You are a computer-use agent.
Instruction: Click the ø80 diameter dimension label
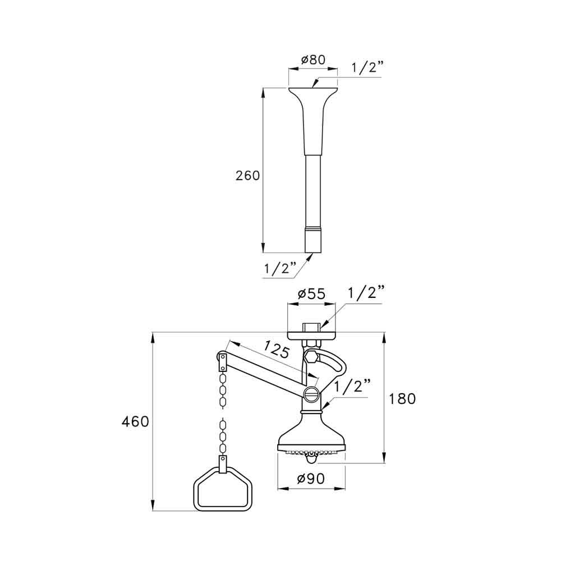pyautogui.click(x=313, y=60)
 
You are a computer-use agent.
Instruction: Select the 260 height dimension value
pyautogui.click(x=247, y=176)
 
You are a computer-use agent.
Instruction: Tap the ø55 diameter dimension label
pyautogui.click(x=312, y=293)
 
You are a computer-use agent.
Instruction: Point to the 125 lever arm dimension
pyautogui.click(x=276, y=352)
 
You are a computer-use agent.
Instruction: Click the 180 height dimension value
pyautogui.click(x=403, y=399)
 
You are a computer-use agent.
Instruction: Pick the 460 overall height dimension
pyautogui.click(x=136, y=421)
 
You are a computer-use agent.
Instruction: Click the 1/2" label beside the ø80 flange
pyautogui.click(x=367, y=68)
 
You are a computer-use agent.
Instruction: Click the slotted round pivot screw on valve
pyautogui.click(x=312, y=393)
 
